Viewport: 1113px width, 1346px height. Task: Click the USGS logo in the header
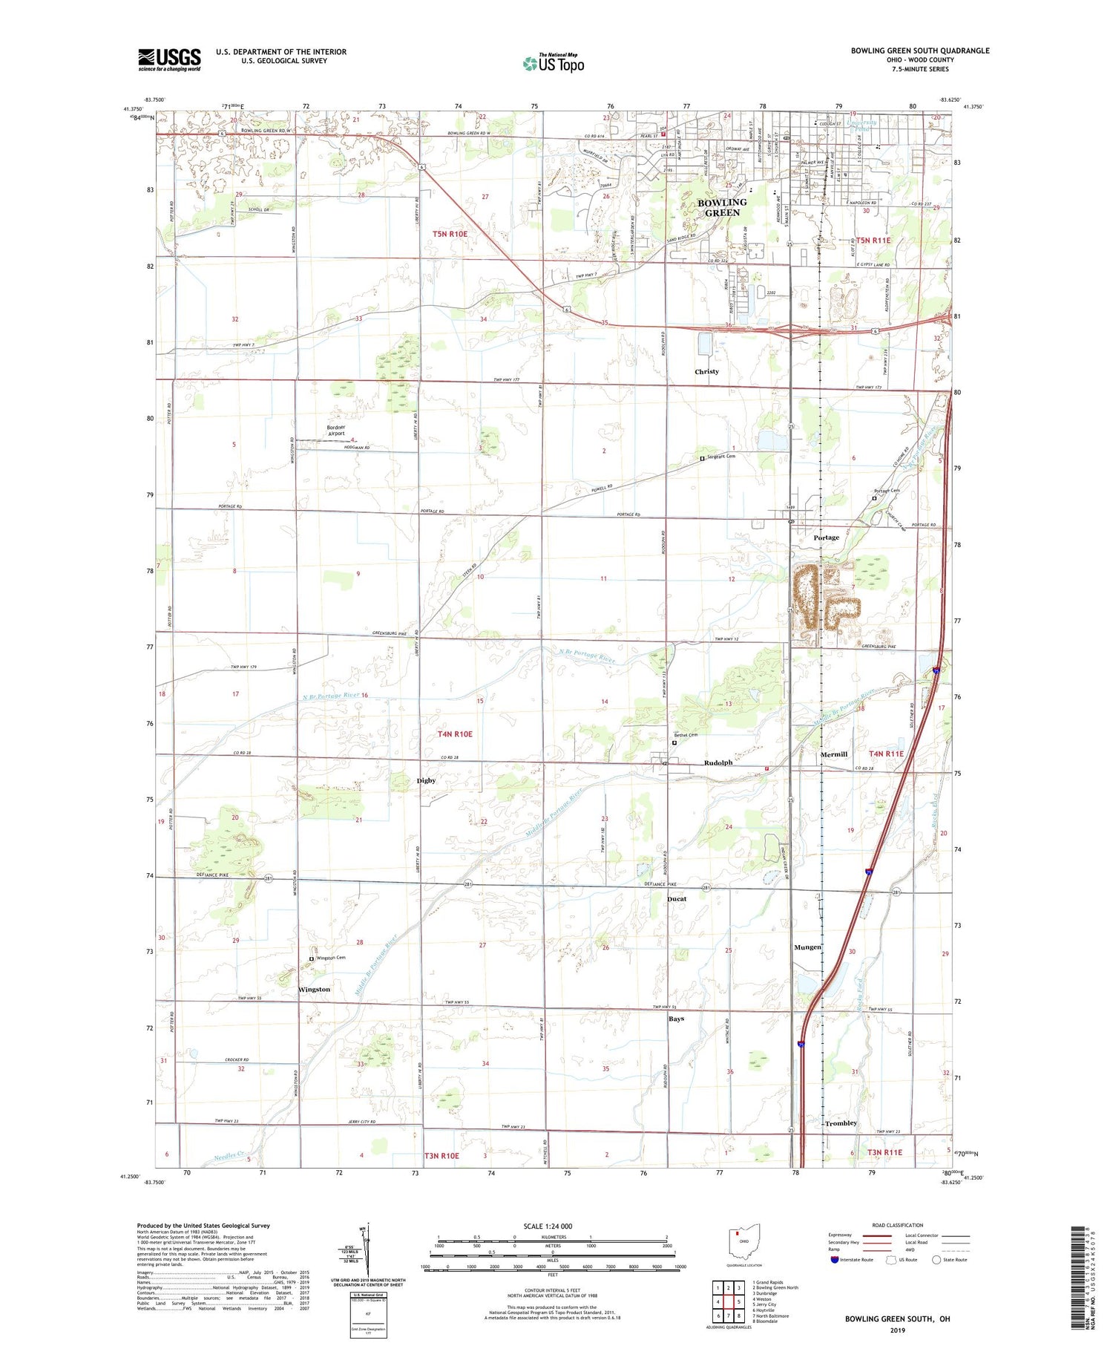169,59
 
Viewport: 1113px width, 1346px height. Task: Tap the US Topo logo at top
554,64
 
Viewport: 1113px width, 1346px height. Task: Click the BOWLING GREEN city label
722,207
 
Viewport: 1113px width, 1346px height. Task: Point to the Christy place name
706,371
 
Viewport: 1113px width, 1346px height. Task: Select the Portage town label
826,538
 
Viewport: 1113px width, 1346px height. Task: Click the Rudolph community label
718,762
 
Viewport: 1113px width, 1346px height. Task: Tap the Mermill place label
834,754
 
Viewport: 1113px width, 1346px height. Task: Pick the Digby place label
426,780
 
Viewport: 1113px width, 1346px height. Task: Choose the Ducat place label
677,899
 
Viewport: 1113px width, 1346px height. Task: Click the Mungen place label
807,947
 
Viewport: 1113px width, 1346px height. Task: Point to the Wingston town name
314,990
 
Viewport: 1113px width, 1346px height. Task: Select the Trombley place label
841,1123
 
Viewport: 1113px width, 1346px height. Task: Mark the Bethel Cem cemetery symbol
674,742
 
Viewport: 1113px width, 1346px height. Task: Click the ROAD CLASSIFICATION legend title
898,1225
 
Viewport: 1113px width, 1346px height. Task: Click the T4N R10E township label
455,734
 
